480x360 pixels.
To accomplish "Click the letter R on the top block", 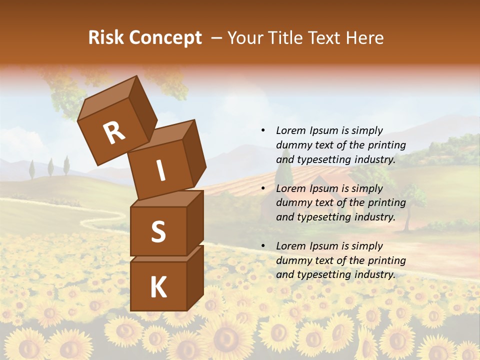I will coord(114,132).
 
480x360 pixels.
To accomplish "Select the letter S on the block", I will coord(158,231).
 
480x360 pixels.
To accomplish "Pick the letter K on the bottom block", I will coord(158,287).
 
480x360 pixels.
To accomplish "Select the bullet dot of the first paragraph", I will coord(263,130).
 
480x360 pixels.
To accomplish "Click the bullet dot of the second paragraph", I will coord(263,188).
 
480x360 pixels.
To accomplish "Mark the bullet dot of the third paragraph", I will coord(263,246).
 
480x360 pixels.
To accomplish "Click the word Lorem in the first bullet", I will coord(289,130).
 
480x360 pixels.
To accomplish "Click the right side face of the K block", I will coord(195,277).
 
